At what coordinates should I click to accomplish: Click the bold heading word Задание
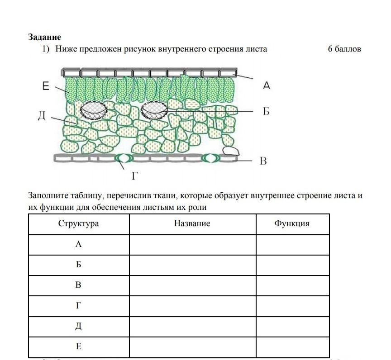pos(44,37)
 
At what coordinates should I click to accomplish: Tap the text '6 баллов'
pos(344,49)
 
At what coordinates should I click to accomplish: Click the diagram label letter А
pos(267,85)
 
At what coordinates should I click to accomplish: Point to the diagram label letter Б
pos(266,111)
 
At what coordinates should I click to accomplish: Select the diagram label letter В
pos(263,161)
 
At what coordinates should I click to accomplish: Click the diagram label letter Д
pos(41,117)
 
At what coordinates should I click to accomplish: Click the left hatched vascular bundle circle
pos(94,109)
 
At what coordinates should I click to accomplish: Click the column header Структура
pos(78,223)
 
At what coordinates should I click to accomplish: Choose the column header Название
pos(192,223)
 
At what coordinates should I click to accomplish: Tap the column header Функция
pos(292,223)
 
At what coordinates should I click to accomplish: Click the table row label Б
pos(78,265)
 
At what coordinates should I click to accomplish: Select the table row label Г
pos(78,306)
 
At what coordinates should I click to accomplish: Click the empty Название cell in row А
pos(192,244)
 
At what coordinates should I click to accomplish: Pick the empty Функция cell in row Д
pos(292,326)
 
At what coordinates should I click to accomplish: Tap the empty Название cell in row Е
pos(192,347)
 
